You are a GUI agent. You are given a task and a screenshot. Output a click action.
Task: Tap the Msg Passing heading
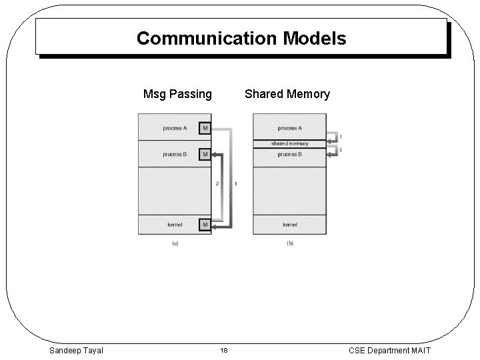[x=177, y=94]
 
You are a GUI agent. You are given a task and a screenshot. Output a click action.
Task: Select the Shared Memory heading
[x=287, y=94]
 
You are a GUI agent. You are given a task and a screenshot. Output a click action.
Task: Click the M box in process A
[x=205, y=127]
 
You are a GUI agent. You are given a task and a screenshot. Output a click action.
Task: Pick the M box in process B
[x=205, y=154]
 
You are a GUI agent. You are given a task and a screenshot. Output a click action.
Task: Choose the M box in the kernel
[x=205, y=225]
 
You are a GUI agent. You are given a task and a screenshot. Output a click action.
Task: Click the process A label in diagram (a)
[x=175, y=127]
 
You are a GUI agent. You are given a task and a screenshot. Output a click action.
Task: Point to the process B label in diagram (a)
[x=175, y=154]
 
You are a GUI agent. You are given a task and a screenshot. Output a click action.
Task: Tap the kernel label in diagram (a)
[x=175, y=225]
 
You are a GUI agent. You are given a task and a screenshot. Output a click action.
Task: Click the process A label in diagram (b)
[x=290, y=127]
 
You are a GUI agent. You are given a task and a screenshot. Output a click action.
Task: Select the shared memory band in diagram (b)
[x=290, y=143]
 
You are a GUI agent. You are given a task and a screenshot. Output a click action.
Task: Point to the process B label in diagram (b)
[x=290, y=154]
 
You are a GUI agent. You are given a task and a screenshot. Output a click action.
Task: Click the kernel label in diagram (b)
[x=290, y=225]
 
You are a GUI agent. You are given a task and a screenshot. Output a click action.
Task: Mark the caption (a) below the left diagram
[x=175, y=244]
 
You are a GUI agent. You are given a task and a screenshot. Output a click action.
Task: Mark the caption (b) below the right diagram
[x=290, y=244]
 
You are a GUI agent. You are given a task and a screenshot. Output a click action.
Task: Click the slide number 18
[x=224, y=350]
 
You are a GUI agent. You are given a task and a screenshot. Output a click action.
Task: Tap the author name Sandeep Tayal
[x=76, y=350]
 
